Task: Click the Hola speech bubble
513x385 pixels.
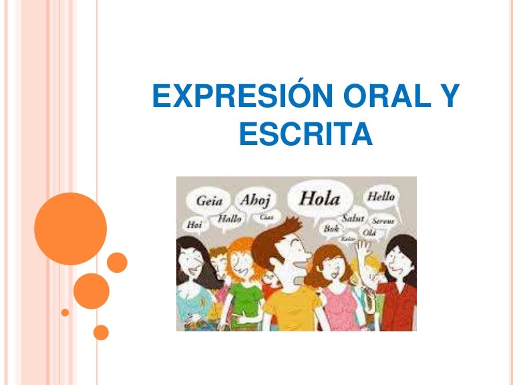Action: pos(319,199)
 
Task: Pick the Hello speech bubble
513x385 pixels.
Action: pos(380,197)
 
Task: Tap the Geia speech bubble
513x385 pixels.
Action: pos(208,201)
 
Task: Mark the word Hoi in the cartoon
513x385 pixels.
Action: pos(194,225)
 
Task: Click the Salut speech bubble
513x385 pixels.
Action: pos(353,218)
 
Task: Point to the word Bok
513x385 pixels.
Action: pos(331,228)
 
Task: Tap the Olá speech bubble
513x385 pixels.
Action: pos(369,232)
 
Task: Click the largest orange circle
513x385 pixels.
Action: pos(70,229)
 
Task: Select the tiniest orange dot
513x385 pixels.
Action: pos(65,312)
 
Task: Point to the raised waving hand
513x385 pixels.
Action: pos(363,251)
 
